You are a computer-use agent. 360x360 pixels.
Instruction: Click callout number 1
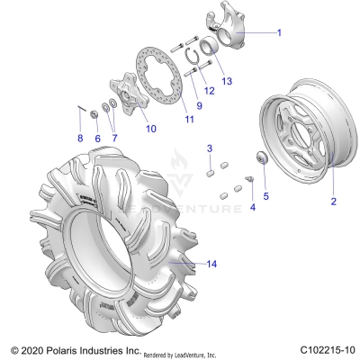278,31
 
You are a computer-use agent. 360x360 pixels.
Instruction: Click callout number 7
114,138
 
